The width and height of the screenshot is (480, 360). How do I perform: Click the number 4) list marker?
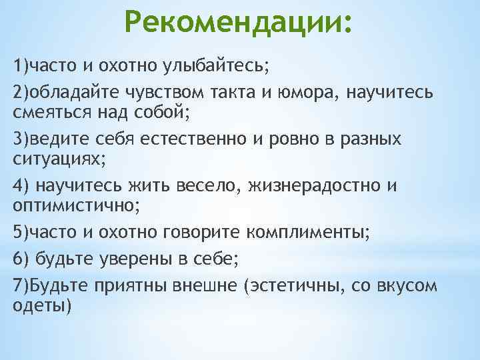point(20,186)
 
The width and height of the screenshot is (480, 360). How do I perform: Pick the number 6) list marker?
point(20,259)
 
